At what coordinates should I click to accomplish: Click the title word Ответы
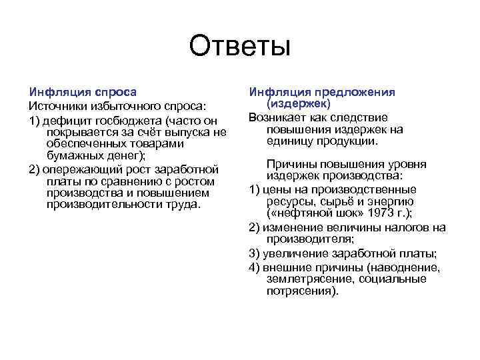point(240,47)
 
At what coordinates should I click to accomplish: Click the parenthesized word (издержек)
point(299,105)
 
